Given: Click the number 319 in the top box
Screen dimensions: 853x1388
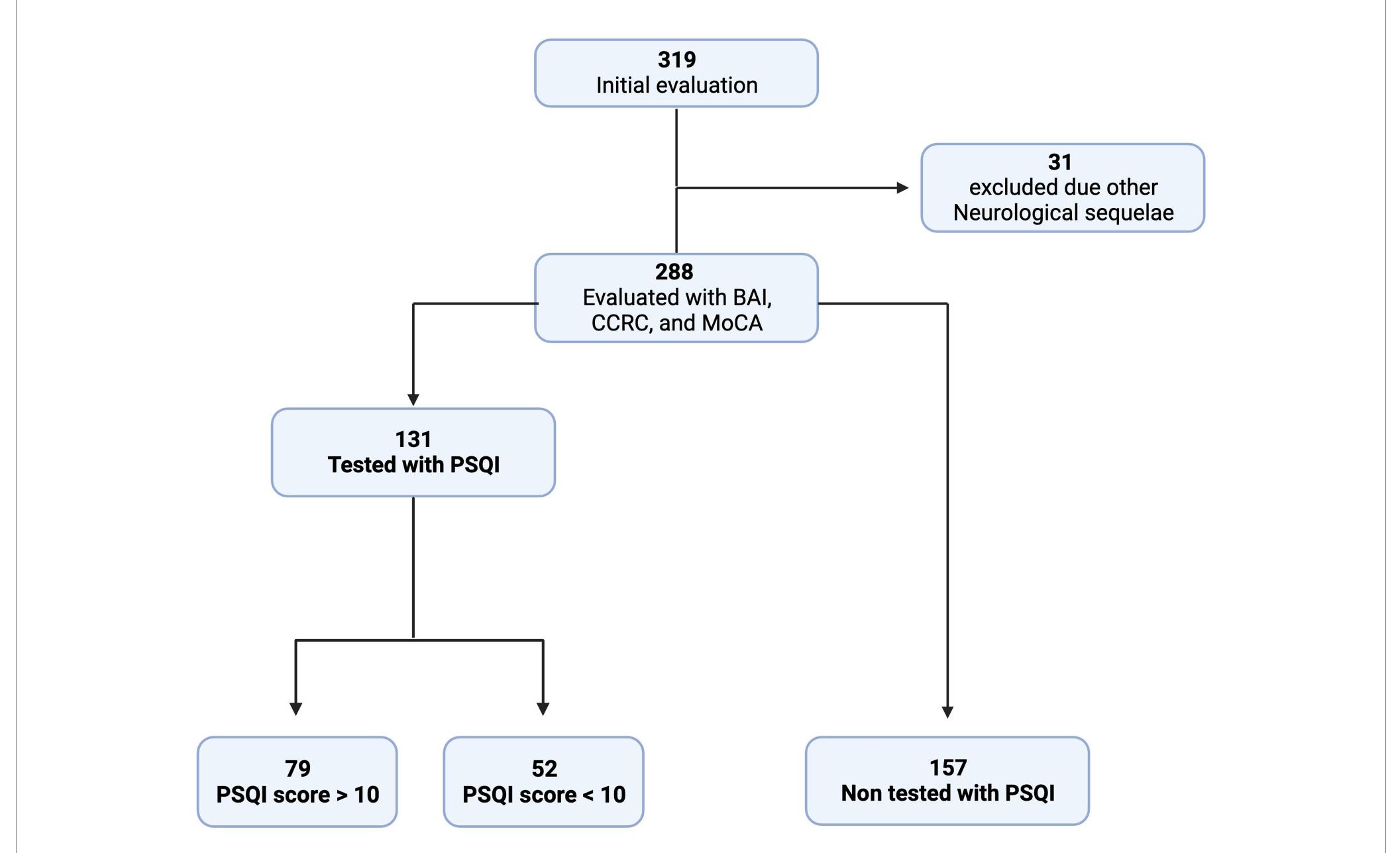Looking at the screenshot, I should [676, 60].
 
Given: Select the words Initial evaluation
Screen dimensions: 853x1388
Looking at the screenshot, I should [676, 85].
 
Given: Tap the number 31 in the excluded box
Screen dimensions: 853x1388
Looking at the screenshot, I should [1059, 162].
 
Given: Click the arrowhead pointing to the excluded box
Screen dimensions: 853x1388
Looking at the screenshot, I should [902, 188].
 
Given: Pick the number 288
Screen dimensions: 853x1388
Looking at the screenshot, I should [674, 272].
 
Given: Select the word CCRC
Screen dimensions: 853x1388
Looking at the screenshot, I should [620, 323].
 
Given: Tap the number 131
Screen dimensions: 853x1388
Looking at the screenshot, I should [413, 440].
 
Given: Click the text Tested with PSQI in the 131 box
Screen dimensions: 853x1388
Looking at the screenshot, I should [413, 465].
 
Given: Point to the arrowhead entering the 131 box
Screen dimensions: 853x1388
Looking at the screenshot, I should [413, 400].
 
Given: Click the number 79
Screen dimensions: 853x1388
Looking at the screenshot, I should [297, 769].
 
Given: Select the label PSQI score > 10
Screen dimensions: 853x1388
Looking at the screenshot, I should [297, 795].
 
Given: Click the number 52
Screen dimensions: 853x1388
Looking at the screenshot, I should [544, 769].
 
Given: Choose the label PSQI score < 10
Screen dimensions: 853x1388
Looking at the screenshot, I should [544, 795].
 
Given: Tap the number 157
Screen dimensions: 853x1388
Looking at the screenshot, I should [947, 768].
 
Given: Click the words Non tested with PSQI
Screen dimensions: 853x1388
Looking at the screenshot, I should [947, 793].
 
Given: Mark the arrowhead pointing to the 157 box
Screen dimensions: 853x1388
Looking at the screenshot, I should [947, 712].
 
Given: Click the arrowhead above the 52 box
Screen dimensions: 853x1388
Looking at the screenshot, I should [543, 709].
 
